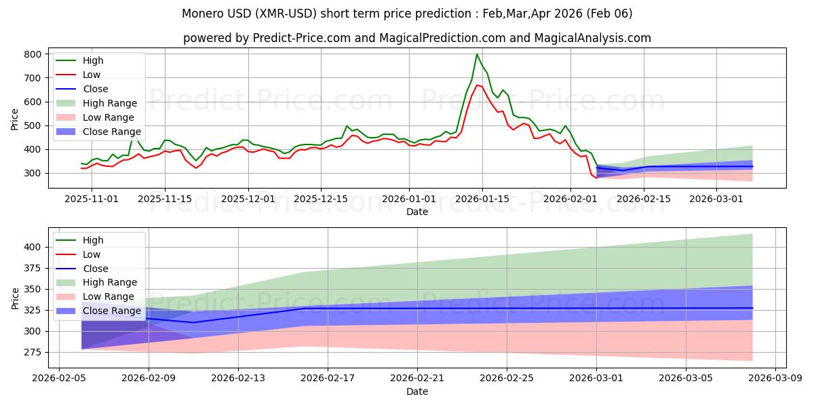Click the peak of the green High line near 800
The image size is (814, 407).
coord(477,54)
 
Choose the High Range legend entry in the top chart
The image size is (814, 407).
coord(110,103)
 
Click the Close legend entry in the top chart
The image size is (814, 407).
coord(95,89)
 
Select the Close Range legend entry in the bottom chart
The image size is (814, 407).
coord(112,311)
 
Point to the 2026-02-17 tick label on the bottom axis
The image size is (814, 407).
coord(328,379)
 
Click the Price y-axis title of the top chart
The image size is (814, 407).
coord(15,119)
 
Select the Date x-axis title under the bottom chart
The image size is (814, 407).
coord(416,391)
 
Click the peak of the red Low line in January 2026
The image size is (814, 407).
coord(477,85)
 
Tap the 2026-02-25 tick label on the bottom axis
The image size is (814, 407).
coord(507,379)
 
